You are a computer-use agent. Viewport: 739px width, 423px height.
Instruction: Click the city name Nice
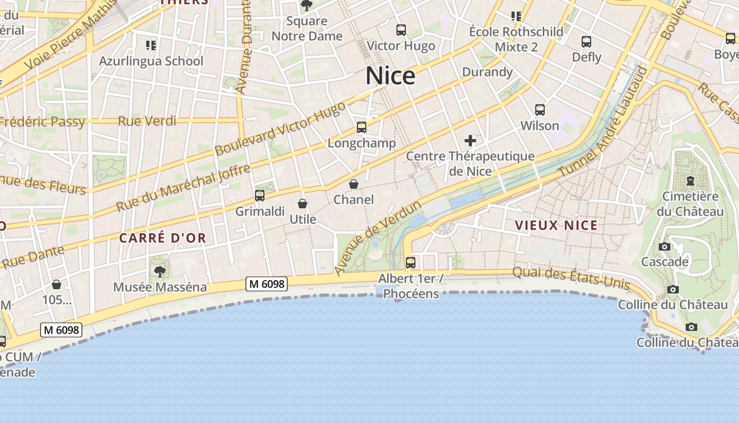[x=390, y=76]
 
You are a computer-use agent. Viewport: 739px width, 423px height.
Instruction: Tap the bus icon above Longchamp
[x=362, y=127]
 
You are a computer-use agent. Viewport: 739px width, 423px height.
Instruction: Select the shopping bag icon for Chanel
[x=354, y=184]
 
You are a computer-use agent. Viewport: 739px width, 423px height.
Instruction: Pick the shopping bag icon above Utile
[x=302, y=204]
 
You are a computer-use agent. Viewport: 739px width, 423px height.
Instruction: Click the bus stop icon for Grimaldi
[x=260, y=196]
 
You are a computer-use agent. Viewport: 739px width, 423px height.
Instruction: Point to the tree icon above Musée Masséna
[x=160, y=272]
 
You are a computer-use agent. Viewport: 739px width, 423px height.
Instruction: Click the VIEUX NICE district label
[x=556, y=225]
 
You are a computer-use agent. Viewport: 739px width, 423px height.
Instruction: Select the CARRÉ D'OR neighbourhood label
[x=163, y=238]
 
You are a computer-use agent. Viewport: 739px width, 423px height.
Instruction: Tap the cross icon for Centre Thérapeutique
[x=470, y=141]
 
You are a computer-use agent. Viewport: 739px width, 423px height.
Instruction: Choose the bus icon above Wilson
[x=540, y=110]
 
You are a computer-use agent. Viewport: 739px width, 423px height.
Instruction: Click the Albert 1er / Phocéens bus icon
[x=411, y=262]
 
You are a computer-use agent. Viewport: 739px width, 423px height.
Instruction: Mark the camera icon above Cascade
[x=665, y=246]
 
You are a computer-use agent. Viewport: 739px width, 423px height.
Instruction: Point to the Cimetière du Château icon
[x=690, y=181]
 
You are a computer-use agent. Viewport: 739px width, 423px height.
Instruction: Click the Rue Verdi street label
[x=147, y=121]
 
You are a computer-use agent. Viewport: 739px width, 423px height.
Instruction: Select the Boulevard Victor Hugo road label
[x=280, y=128]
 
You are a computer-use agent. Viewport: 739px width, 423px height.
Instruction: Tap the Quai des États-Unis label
[x=571, y=278]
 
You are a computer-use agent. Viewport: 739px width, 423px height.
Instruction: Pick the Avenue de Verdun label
[x=378, y=238]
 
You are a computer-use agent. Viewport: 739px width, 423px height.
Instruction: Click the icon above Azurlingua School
[x=151, y=45]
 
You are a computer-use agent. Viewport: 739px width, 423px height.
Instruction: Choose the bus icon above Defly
[x=586, y=41]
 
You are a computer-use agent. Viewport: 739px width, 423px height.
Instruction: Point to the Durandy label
[x=487, y=72]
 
